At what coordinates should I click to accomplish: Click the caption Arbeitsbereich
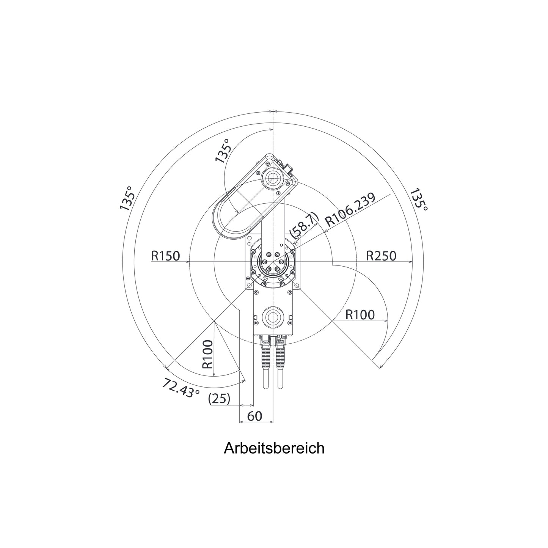[274, 448]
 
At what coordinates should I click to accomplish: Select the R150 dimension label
[165, 256]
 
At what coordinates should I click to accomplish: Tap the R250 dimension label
[381, 256]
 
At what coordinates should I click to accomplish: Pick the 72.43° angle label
[181, 387]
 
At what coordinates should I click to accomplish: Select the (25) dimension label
[219, 399]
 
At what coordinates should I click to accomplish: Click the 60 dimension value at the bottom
[254, 416]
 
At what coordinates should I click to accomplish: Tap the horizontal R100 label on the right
[360, 315]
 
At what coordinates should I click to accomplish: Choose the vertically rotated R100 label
[207, 354]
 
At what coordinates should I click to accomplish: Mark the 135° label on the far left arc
[127, 198]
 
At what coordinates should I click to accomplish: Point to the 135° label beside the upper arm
[223, 151]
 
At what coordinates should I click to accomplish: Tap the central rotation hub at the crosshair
[273, 262]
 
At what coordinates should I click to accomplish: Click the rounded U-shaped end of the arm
[226, 220]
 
